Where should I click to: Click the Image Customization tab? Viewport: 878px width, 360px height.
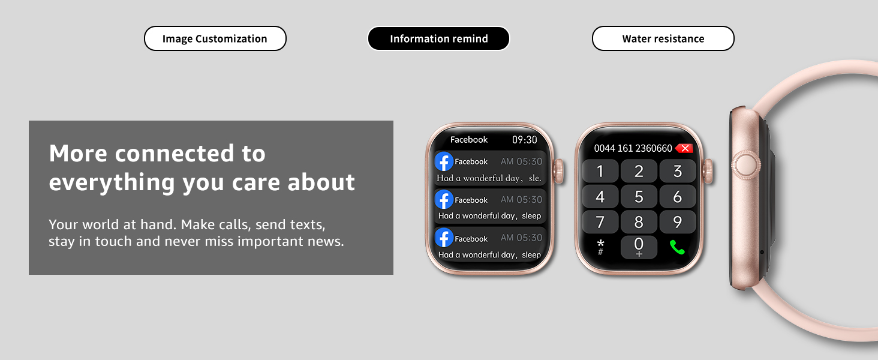coord(215,38)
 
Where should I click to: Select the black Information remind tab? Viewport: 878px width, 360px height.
coord(438,38)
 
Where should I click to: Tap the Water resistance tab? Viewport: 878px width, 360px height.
coord(663,38)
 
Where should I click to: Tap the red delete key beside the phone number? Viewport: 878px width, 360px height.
coord(684,148)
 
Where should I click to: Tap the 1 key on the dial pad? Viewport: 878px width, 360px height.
coord(600,171)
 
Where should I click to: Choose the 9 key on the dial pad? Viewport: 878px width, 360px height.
coord(677,222)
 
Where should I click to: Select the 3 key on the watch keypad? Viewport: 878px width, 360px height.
coord(677,171)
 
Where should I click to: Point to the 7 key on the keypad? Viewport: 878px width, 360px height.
coord(600,222)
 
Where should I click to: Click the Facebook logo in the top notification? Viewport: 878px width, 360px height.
coord(444,161)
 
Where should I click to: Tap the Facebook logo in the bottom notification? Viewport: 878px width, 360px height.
coord(444,238)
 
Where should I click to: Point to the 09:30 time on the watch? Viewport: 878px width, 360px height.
coord(524,140)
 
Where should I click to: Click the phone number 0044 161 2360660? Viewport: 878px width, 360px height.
coord(633,148)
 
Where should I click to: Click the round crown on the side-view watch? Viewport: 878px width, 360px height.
coord(746,165)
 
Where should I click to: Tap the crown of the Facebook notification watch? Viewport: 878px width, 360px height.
coord(558,171)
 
